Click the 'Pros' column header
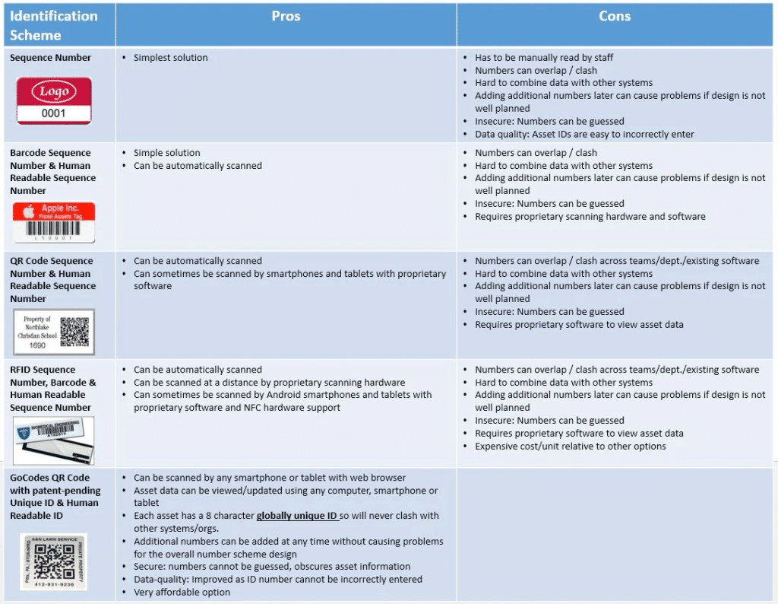(286, 17)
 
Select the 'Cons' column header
(614, 17)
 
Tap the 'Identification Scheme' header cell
(53, 25)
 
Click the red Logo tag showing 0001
(54, 100)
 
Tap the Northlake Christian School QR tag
(53, 332)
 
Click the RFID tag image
(54, 441)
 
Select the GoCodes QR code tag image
(53, 561)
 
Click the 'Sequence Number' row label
(50, 58)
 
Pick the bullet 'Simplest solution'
(170, 58)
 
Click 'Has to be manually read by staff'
(544, 58)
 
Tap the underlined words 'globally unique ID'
(296, 516)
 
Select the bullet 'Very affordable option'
(182, 592)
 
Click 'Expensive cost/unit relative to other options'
(570, 446)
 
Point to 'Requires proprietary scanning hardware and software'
(590, 217)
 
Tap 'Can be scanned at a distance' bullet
(269, 383)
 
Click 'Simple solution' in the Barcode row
(166, 153)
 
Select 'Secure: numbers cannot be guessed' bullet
(271, 567)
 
